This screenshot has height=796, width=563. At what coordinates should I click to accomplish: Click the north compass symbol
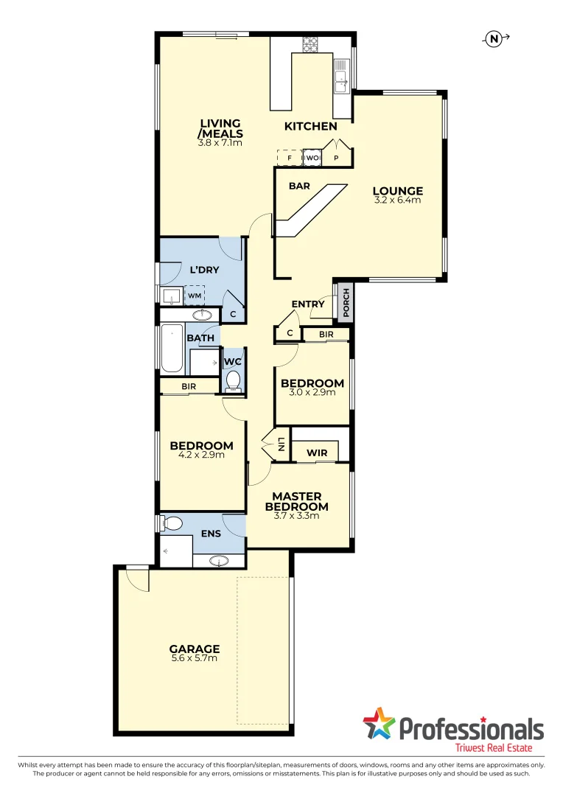pyautogui.click(x=494, y=39)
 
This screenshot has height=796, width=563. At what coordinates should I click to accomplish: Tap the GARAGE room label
pyautogui.click(x=195, y=649)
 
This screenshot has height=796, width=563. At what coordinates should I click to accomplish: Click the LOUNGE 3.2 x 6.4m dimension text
pyautogui.click(x=398, y=200)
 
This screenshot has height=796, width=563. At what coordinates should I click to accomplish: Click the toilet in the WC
pyautogui.click(x=233, y=380)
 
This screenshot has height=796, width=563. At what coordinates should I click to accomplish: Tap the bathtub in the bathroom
pyautogui.click(x=172, y=348)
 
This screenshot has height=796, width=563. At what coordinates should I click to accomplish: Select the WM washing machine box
pyautogui.click(x=195, y=296)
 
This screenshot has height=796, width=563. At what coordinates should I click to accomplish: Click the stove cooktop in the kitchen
pyautogui.click(x=308, y=43)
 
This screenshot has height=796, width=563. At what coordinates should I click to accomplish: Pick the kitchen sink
pyautogui.click(x=342, y=75)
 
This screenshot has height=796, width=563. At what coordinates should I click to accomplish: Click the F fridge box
pyautogui.click(x=290, y=158)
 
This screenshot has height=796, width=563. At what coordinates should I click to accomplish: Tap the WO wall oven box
pyautogui.click(x=312, y=158)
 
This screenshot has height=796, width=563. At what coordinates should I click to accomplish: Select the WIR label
pyautogui.click(x=317, y=452)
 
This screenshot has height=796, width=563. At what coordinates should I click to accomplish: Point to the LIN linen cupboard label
pyautogui.click(x=281, y=444)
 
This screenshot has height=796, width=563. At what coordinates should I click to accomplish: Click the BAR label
pyautogui.click(x=299, y=186)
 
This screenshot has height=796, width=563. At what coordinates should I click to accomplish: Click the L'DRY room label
pyautogui.click(x=204, y=270)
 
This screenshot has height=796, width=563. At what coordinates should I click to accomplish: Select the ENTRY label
pyautogui.click(x=308, y=304)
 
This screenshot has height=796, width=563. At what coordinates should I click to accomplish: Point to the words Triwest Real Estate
pyautogui.click(x=500, y=747)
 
